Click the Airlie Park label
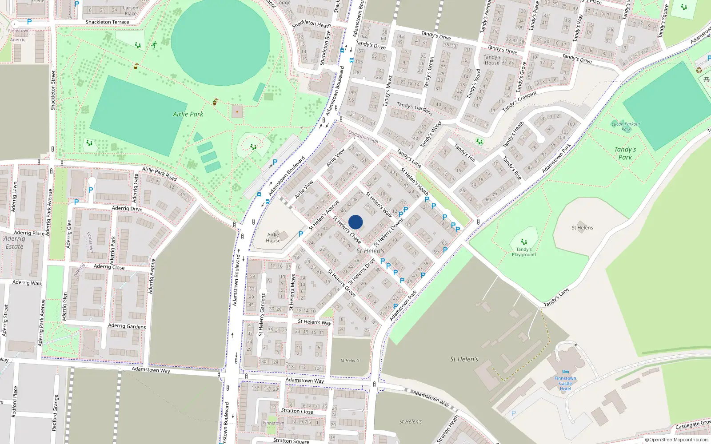188,114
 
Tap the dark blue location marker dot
355,222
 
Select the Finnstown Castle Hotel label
565,384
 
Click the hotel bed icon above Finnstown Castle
565,372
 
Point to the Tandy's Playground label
523,252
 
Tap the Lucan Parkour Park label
626,127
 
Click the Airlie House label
273,238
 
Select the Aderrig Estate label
14,242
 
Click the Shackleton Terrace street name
107,22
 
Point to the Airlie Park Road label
159,174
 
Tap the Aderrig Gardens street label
127,326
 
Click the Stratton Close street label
297,411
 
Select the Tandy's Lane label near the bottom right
556,297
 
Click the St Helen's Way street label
314,322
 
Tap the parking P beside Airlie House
301,234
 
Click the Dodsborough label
363,137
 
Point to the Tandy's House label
492,60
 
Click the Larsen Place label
131,11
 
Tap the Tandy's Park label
625,153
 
